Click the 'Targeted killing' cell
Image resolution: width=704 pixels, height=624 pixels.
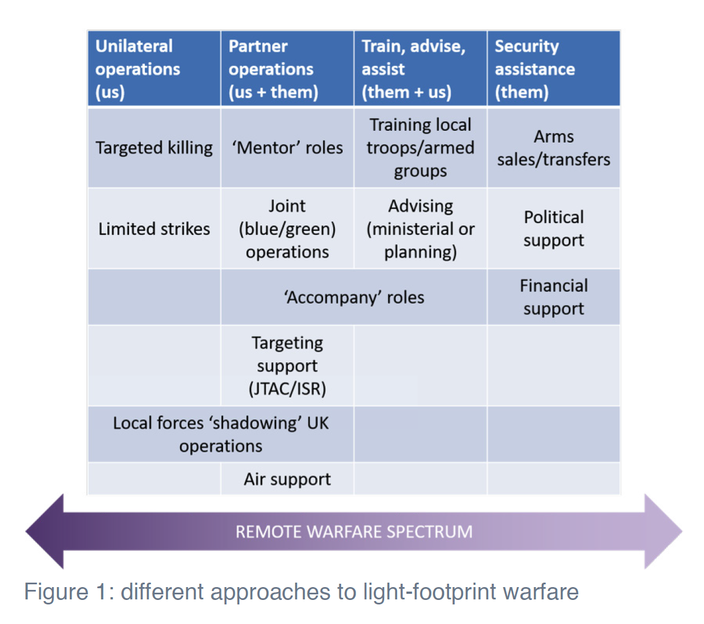point(154,148)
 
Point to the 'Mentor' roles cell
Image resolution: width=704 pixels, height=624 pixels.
point(287,148)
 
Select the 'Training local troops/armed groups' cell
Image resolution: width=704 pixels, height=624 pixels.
point(420,148)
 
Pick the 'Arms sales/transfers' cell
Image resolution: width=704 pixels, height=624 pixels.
point(554,148)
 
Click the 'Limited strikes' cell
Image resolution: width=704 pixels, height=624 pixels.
point(154,229)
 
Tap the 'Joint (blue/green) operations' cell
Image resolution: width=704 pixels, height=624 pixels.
point(287,229)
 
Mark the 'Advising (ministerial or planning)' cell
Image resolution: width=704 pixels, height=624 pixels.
point(420,229)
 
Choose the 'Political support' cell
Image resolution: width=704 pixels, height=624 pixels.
point(554,229)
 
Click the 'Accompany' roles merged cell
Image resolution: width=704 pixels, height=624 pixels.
point(354,297)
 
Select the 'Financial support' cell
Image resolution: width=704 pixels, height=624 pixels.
point(554,297)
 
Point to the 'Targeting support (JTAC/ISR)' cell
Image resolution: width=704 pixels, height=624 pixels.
point(287,366)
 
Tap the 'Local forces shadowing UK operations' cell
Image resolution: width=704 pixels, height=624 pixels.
point(221,434)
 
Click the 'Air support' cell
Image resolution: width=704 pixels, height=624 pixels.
point(287,479)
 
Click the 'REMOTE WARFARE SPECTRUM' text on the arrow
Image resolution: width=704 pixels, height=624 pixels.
point(354,531)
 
